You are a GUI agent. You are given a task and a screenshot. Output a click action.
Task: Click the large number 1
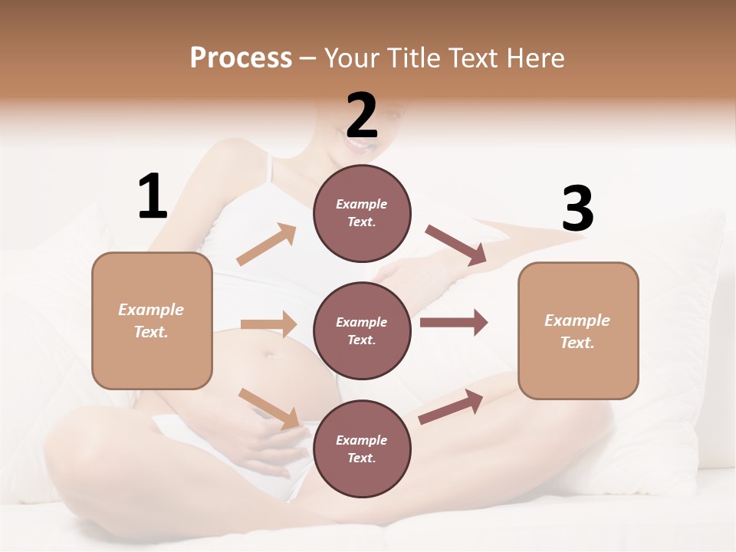click(x=153, y=197)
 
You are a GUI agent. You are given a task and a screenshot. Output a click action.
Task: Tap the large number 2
click(x=362, y=116)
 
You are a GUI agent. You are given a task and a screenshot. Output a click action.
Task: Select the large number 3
click(x=577, y=209)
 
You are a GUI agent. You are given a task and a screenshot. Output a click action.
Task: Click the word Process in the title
click(x=241, y=58)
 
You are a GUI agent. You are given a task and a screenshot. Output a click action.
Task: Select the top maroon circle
click(x=362, y=213)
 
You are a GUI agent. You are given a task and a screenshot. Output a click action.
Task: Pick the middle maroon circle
click(x=362, y=330)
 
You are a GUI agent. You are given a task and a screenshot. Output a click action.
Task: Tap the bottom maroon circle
click(x=362, y=449)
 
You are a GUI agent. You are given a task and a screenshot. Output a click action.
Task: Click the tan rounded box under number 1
click(x=152, y=320)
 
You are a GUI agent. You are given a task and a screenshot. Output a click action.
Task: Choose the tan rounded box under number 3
click(x=578, y=330)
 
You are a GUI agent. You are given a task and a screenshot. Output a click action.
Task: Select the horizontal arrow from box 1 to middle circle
click(x=268, y=324)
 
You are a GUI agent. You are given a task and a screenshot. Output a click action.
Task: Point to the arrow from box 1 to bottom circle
click(x=269, y=409)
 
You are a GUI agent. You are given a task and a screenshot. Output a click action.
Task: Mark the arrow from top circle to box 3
click(x=456, y=246)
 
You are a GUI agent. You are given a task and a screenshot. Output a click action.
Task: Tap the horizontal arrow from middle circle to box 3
click(x=453, y=322)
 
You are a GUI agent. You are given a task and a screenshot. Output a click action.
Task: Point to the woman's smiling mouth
click(x=360, y=143)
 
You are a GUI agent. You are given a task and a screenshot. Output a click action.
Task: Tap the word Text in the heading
click(x=473, y=58)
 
